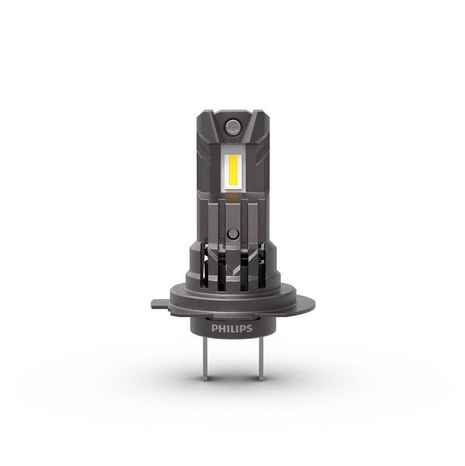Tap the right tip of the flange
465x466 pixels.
311,303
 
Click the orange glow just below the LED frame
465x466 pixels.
233,198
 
